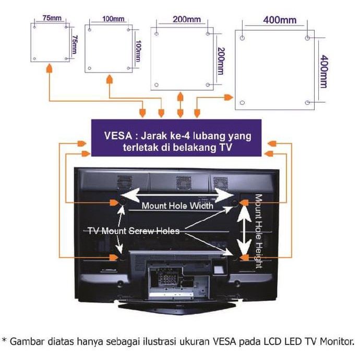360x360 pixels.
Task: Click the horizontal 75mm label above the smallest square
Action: [50, 18]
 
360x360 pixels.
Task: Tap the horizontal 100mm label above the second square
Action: [113, 19]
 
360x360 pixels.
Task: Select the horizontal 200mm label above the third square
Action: [186, 20]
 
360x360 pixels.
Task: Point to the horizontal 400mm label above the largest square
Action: [279, 21]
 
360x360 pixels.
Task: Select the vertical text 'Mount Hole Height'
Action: [258, 232]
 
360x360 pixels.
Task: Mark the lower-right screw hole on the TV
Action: [235, 257]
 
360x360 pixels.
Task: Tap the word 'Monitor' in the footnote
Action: [335, 343]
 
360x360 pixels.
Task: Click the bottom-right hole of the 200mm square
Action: [208, 85]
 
